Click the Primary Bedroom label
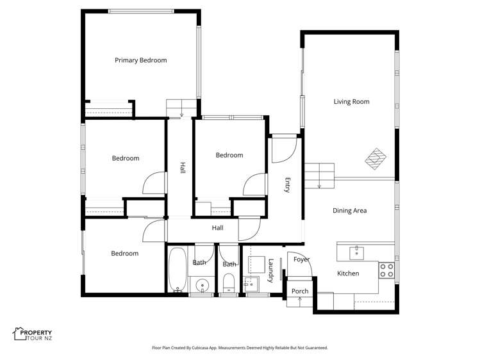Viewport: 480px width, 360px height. coord(140,60)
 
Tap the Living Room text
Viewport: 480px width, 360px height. coord(351,101)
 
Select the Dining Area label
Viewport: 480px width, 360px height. coord(349,210)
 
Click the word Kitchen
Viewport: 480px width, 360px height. coord(348,274)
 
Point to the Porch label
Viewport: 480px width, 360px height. coord(300,291)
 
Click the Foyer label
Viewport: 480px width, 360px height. coord(301,259)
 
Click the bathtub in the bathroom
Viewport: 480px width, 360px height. coord(177,270)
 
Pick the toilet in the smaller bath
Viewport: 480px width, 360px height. coord(229,281)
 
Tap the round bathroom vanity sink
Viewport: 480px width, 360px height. coord(202,284)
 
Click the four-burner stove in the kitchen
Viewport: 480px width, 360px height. coord(386,270)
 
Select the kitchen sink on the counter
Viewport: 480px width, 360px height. coord(357,252)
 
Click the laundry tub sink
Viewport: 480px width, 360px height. coord(251,282)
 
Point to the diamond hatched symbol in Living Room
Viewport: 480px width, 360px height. coord(377,158)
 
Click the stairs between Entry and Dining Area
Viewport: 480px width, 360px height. coord(319,176)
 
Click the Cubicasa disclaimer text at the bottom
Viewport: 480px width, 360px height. coord(240,348)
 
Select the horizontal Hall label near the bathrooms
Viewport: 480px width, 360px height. coord(218,227)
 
